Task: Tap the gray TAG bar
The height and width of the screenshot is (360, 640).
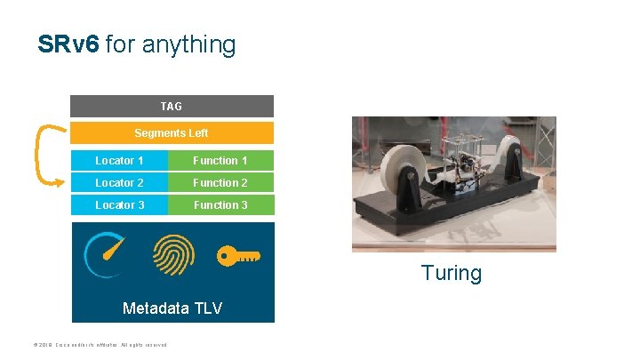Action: coord(172,107)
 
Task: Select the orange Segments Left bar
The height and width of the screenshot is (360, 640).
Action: coord(172,133)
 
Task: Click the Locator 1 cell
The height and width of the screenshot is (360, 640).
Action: coord(119,161)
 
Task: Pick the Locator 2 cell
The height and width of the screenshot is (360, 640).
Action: coord(119,183)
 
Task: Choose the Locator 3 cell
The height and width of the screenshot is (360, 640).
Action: coord(119,205)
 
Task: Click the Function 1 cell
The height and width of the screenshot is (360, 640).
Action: coord(220,161)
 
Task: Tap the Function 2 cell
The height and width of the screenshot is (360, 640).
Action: coord(220,183)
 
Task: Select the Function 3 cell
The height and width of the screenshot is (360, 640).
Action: coord(220,205)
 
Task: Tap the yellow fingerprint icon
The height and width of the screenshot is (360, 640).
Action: coord(173,256)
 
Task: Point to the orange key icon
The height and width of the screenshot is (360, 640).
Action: coord(238,256)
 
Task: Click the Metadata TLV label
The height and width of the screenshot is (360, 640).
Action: coord(172,308)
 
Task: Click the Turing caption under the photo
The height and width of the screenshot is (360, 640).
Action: coord(452,273)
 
